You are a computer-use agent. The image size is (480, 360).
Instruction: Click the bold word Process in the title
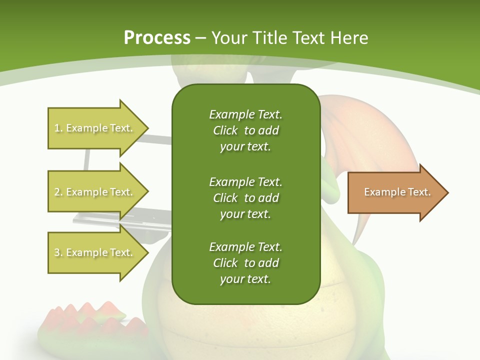(157, 38)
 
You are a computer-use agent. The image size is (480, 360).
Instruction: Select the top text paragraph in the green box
(245, 130)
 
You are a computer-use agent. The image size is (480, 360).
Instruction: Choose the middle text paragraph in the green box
(245, 198)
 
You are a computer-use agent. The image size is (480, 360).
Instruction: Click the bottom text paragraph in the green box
(245, 263)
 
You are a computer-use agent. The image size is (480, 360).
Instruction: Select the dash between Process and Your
(201, 38)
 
